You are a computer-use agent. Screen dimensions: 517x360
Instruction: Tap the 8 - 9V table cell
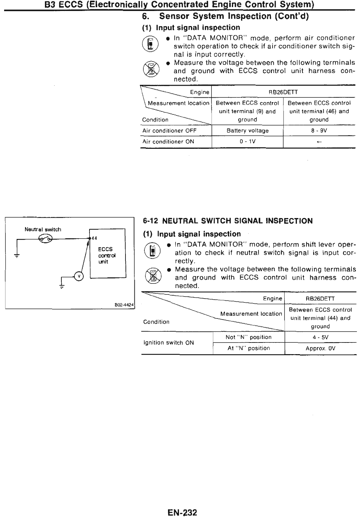(319, 131)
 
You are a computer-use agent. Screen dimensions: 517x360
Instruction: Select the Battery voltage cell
(248, 131)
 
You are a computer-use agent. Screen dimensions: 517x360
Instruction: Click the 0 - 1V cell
(248, 142)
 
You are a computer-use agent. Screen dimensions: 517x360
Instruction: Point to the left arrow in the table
(319, 142)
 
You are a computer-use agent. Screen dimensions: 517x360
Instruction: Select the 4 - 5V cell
(320, 337)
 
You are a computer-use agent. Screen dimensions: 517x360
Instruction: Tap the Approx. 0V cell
(320, 349)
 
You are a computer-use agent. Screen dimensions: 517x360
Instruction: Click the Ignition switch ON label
(168, 343)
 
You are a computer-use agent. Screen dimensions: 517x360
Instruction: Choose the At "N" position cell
(249, 348)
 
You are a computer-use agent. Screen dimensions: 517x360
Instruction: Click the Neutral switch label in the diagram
(43, 229)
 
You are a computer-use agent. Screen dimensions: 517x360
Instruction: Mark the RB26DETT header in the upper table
(283, 92)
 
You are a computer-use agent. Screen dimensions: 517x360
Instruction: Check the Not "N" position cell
(249, 337)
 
